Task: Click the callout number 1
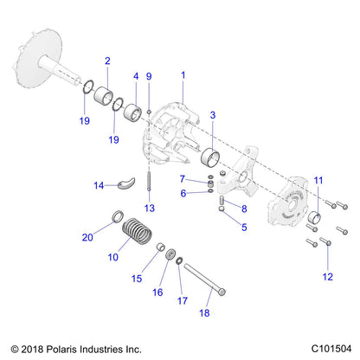point(183,75)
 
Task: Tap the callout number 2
point(107,61)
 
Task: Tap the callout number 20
point(87,235)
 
